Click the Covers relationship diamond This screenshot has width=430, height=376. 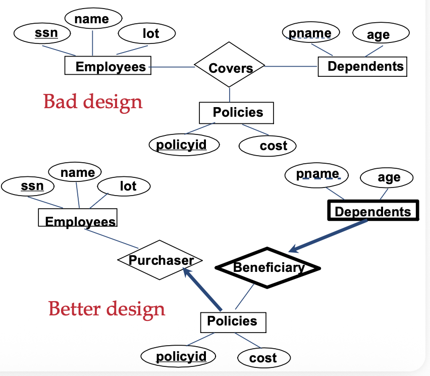[230, 65]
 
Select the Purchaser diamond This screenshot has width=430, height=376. [160, 260]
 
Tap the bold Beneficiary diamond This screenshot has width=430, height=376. [267, 268]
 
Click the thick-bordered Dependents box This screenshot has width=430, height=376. [373, 210]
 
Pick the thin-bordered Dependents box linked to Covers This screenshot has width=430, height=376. [362, 67]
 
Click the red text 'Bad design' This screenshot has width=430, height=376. [93, 102]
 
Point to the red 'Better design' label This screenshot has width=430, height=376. [107, 309]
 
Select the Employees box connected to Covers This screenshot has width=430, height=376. [108, 65]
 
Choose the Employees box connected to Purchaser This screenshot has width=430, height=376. [78, 217]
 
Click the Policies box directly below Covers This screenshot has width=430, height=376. [236, 113]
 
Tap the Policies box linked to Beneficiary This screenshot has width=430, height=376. [233, 322]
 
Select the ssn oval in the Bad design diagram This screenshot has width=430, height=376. [42, 33]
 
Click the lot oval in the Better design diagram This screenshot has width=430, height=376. [124, 186]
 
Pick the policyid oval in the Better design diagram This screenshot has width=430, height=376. [178, 356]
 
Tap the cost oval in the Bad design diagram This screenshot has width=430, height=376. [267, 146]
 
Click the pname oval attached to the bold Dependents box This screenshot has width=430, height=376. [317, 175]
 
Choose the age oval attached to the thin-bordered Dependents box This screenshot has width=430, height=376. [381, 33]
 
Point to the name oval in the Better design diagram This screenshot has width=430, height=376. [75, 172]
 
